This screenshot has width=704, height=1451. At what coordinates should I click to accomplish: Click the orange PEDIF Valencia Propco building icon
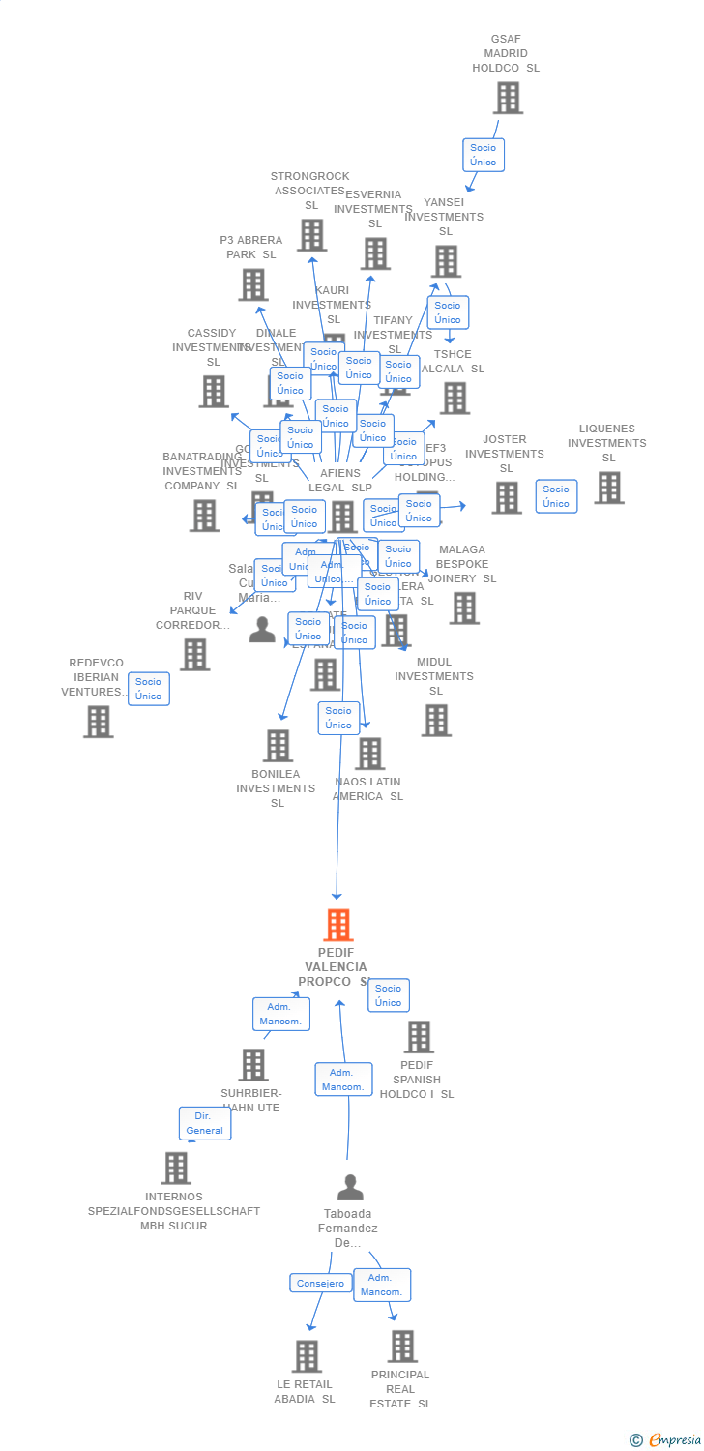337,926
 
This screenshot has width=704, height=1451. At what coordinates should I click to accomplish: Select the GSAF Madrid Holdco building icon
508,98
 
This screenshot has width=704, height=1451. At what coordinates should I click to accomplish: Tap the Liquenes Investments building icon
608,488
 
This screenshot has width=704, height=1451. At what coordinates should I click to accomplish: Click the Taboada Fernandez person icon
350,1187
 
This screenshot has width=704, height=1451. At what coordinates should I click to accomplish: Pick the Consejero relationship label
320,1283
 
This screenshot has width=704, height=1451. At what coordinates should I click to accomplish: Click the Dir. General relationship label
205,1123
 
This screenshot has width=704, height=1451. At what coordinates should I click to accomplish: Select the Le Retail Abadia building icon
307,1356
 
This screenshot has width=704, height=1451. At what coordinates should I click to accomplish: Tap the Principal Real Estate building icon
402,1347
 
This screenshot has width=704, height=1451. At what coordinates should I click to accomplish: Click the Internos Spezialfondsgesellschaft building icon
176,1168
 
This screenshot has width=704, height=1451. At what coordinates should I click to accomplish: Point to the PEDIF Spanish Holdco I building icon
419,1037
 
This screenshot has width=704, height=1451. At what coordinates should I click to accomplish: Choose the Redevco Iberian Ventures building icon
98,722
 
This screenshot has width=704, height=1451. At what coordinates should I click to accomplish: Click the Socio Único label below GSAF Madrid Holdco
483,155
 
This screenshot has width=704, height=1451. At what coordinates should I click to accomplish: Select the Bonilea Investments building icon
279,746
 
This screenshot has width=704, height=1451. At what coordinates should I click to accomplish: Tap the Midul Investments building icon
436,720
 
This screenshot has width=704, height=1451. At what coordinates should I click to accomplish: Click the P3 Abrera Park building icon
253,284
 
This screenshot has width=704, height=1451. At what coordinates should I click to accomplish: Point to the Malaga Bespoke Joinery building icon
464,607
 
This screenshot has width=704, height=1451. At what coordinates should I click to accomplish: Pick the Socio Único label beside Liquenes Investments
556,496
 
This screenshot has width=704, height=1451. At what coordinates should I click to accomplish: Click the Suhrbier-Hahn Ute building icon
253,1065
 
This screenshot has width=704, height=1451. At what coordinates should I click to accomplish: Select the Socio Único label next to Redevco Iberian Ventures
149,689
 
